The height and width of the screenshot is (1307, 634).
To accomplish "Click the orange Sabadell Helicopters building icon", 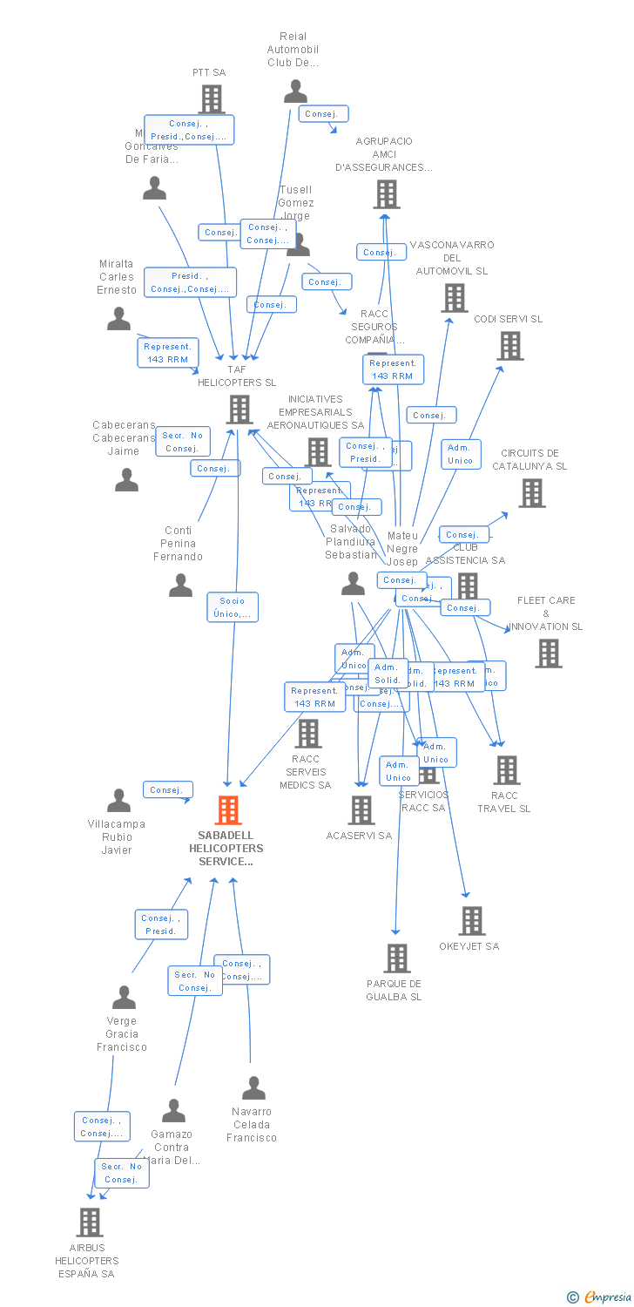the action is point(228,810).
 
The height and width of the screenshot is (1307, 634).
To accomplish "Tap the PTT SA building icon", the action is point(212,99).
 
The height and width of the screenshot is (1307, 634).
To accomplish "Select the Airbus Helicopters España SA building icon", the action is point(90,1222).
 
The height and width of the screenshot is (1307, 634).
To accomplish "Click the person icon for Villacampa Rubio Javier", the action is point(118,801).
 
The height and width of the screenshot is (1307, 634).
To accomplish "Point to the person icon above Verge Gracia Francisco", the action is point(125,997).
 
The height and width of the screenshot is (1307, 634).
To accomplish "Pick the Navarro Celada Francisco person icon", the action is point(253,1087).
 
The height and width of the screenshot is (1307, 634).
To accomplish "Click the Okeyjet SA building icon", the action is point(472,921).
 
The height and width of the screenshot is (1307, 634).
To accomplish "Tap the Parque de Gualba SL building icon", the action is point(397,958).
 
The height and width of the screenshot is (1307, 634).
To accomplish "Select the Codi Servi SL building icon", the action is point(510,346).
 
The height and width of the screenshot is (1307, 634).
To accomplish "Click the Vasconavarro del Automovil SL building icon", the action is point(454,298).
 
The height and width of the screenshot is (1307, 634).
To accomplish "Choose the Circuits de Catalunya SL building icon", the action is point(531,493).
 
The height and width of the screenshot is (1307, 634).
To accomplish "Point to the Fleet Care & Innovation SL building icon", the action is point(549,653).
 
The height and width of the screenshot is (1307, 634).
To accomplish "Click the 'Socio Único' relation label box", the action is point(233,607).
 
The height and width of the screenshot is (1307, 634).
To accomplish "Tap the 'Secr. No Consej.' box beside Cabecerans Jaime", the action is point(183,442).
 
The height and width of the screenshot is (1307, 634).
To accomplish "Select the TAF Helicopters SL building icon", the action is point(239,409).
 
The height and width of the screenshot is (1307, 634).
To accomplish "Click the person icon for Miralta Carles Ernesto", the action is point(118,319).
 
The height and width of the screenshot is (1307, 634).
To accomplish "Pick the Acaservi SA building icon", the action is point(361,810).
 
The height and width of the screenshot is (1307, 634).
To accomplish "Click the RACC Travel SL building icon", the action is point(507,770).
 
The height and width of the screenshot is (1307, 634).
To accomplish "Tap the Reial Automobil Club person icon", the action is point(296,91).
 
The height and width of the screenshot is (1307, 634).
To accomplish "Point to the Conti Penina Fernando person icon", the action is point(180,586).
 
